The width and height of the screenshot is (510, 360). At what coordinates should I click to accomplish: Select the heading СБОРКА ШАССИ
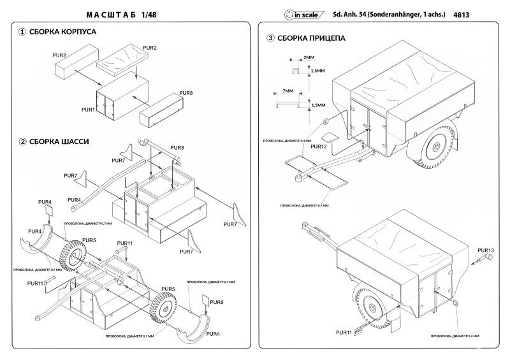59,141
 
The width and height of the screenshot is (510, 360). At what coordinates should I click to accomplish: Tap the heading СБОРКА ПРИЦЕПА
311,38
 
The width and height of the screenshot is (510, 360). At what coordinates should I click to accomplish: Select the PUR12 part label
318,147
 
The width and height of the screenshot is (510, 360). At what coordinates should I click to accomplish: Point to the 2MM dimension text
309,58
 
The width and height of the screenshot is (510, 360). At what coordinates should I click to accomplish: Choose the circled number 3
271,38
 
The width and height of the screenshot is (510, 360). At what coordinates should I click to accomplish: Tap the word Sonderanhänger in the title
403,13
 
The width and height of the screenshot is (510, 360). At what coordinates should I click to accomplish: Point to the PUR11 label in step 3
344,332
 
